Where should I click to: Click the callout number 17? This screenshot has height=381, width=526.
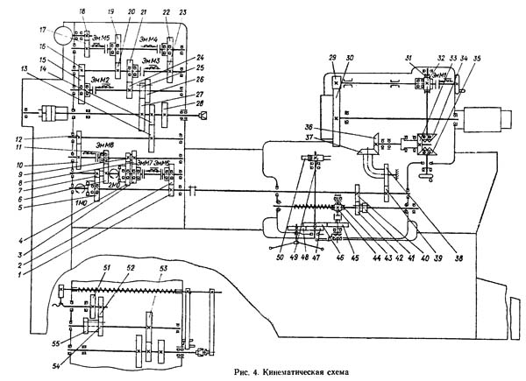point(42,31)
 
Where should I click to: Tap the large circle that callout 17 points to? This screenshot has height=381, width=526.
point(63,38)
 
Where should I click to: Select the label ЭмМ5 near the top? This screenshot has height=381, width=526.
point(100,38)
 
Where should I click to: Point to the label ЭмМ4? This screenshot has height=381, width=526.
point(150,39)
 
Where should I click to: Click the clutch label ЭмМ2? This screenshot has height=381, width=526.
point(99,80)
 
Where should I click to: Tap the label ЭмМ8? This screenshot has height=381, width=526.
point(107,145)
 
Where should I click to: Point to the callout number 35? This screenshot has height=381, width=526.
point(478,58)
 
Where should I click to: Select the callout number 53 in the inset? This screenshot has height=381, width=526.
point(164,267)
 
